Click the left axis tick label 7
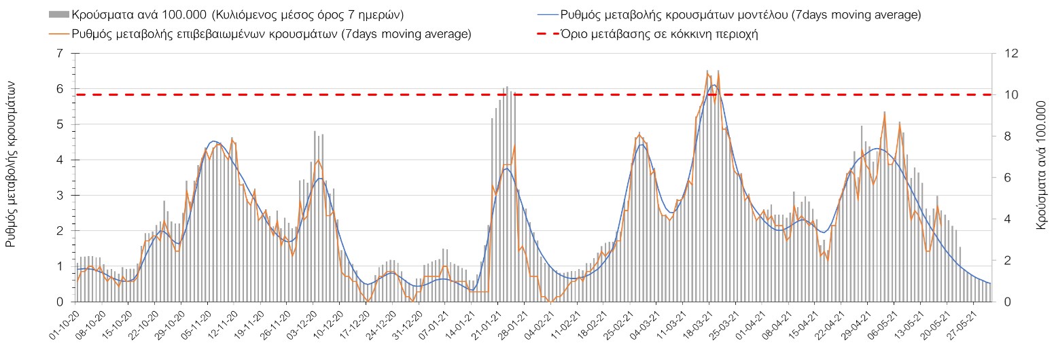pyautogui.click(x=65, y=54)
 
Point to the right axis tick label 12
pyautogui.click(x=1002, y=54)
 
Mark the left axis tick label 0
pyautogui.click(x=65, y=302)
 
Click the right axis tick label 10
pyautogui.click(x=1002, y=95)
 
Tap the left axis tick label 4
pyautogui.click(x=65, y=160)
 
